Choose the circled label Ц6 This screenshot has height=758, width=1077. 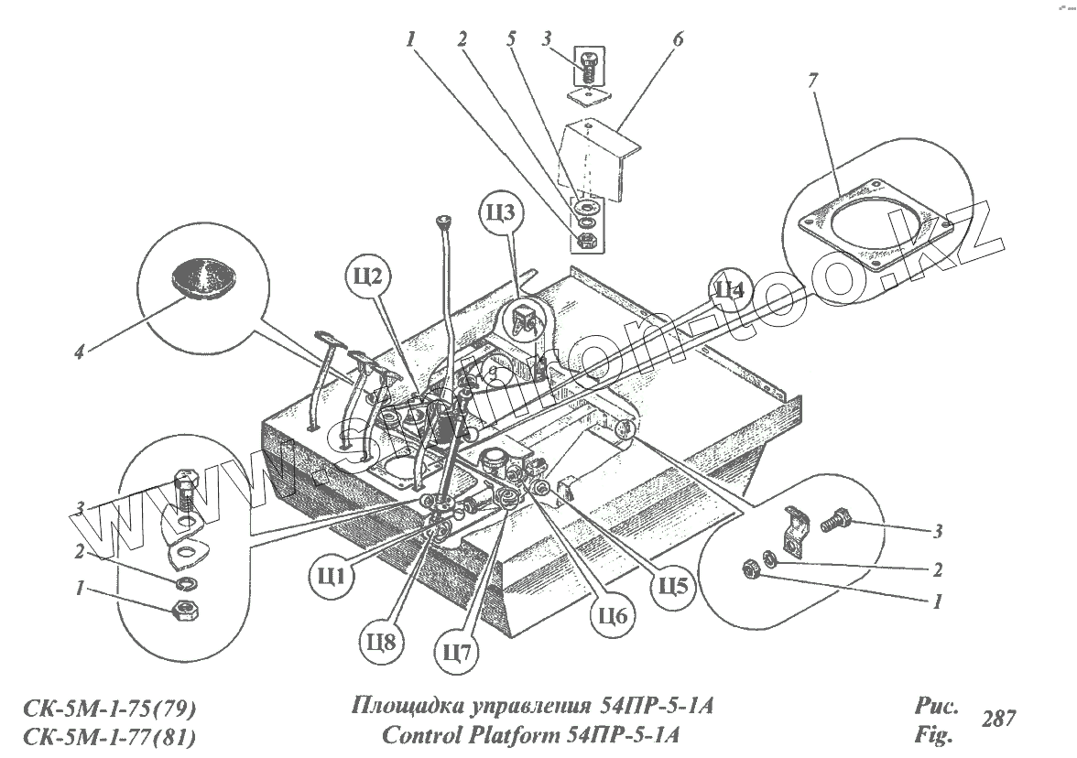(x=614, y=619)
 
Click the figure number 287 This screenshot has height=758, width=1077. (x=1000, y=720)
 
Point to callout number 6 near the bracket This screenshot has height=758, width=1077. (x=677, y=41)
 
